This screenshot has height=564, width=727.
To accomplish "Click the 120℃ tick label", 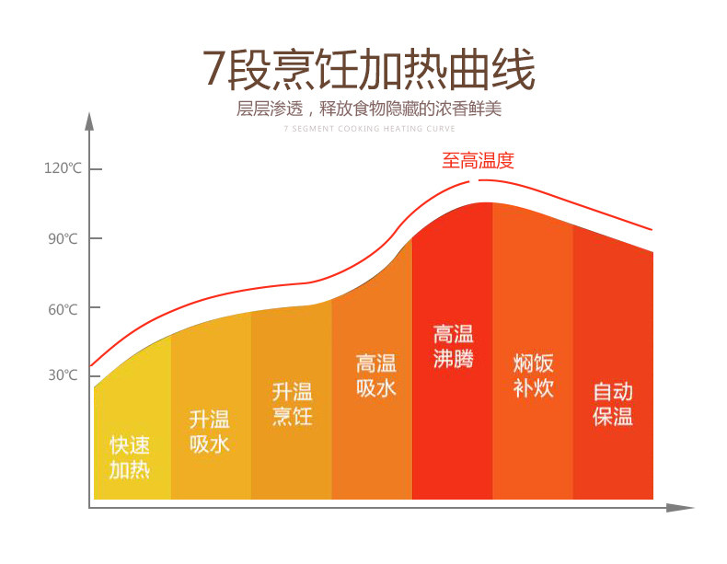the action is pyautogui.click(x=63, y=167).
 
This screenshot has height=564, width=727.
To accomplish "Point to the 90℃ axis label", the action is pyautogui.click(x=63, y=238).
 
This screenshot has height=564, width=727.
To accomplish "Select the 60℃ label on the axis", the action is pyautogui.click(x=63, y=309).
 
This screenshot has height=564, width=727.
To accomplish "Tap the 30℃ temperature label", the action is pyautogui.click(x=63, y=374).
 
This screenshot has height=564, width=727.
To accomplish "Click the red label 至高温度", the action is pyautogui.click(x=478, y=161).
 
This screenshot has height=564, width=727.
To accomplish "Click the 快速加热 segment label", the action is pyautogui.click(x=130, y=457).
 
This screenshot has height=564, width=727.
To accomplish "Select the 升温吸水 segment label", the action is pyautogui.click(x=210, y=432).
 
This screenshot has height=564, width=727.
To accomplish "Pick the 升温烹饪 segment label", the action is pyautogui.click(x=292, y=404).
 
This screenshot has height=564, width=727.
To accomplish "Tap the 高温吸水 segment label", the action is pyautogui.click(x=376, y=375).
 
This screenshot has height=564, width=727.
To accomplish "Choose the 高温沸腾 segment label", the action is pyautogui.click(x=454, y=346).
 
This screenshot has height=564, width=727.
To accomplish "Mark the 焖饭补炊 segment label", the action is pyautogui.click(x=533, y=375).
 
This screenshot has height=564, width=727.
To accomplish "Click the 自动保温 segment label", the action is pyautogui.click(x=613, y=404).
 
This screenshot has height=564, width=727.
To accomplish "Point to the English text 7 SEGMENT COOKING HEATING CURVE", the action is pyautogui.click(x=370, y=129).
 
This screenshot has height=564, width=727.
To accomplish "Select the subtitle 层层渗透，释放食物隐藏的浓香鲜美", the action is pyautogui.click(x=369, y=109).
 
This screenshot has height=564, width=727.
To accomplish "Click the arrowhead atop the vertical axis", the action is pyautogui.click(x=89, y=121).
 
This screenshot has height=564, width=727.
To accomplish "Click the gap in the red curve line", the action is pyautogui.click(x=474, y=180).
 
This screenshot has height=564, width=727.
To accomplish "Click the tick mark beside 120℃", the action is pyautogui.click(x=96, y=169).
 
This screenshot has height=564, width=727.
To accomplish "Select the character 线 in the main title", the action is pyautogui.click(x=514, y=70).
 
